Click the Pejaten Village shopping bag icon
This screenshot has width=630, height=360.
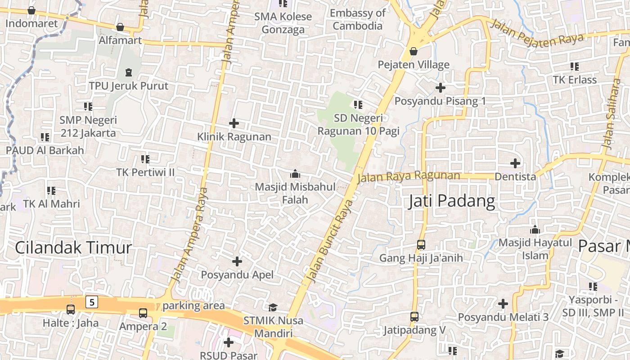pyautogui.click(x=413, y=51)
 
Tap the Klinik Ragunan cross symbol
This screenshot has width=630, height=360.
pyautogui.click(x=234, y=123)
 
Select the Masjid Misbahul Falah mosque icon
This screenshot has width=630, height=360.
pyautogui.click(x=295, y=173)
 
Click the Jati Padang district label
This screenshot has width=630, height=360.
pyautogui.click(x=451, y=201)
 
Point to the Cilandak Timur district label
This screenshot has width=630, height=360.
pyautogui.click(x=73, y=247)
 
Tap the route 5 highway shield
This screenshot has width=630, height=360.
pyautogui.click(x=92, y=302)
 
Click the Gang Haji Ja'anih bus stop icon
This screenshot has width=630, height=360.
pyautogui.click(x=421, y=244)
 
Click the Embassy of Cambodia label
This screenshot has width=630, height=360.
pyautogui.click(x=358, y=19)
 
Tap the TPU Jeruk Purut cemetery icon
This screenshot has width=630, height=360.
pyautogui.click(x=129, y=72)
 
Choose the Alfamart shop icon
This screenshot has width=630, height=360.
pyautogui.click(x=120, y=27)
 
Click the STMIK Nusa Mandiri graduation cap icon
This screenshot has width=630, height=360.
pyautogui.click(x=273, y=307)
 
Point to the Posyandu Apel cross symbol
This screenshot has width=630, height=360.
pyautogui.click(x=237, y=261)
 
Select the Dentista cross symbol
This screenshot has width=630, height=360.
pyautogui.click(x=515, y=163)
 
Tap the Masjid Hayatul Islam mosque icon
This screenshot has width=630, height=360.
pyautogui.click(x=535, y=229)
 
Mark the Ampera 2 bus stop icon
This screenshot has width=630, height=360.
pyautogui.click(x=143, y=313)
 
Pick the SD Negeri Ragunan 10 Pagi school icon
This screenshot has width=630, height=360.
pyautogui.click(x=358, y=105)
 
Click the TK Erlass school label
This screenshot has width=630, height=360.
pyautogui.click(x=575, y=80)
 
